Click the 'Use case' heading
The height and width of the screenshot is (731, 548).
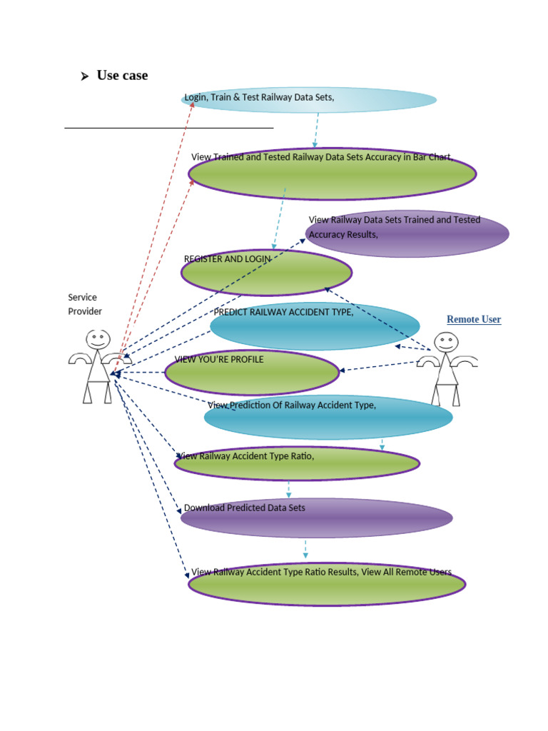(122, 76)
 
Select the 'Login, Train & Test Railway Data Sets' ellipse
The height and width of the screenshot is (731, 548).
(308, 101)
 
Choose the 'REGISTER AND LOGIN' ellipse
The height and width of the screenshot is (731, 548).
(266, 273)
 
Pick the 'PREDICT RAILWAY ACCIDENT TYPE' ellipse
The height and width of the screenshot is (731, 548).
(315, 326)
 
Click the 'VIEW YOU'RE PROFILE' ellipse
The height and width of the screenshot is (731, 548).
(252, 373)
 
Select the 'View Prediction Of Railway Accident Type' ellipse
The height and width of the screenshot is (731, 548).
(328, 418)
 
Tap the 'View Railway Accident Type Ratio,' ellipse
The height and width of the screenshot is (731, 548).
(297, 464)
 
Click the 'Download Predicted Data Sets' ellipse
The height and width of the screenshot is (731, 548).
(316, 518)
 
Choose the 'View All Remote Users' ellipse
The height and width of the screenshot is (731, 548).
(327, 584)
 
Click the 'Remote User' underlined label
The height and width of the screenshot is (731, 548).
(474, 320)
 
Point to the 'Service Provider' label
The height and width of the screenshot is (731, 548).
(85, 304)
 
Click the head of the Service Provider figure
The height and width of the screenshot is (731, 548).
(98, 339)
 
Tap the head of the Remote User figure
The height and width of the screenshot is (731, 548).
(446, 342)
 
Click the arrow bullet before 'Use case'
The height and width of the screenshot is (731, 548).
(84, 76)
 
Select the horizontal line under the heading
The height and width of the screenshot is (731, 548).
(169, 128)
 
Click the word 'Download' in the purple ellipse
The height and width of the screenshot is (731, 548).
(204, 508)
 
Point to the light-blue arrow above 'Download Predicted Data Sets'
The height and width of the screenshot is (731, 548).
(289, 490)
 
